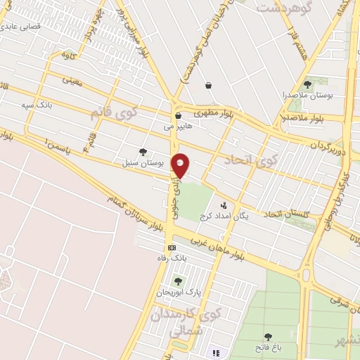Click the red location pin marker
(181, 165)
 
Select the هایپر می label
(178, 127)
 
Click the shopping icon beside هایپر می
(178, 116)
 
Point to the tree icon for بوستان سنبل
(143, 151)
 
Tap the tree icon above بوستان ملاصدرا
(307, 84)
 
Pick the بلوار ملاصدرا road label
(302, 117)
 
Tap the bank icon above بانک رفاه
(171, 247)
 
